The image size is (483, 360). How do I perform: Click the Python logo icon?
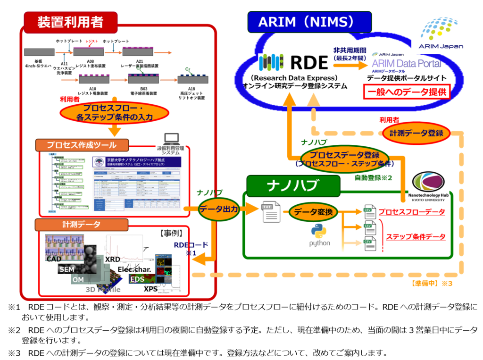(319, 231)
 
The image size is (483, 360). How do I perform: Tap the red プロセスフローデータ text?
(412, 212)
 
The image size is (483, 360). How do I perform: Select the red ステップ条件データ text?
(416, 236)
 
